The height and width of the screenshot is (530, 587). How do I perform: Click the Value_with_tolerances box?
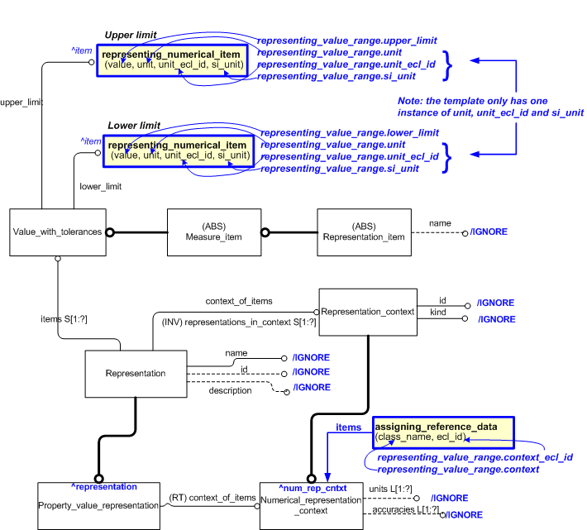tap(58, 232)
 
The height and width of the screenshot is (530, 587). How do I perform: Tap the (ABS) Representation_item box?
tap(364, 232)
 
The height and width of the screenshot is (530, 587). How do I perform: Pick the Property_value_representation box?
tap(98, 504)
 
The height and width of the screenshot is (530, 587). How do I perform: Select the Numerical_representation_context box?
tap(311, 504)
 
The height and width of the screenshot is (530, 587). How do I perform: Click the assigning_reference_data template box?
tap(443, 431)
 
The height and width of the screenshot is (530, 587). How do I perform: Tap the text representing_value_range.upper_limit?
tap(346, 40)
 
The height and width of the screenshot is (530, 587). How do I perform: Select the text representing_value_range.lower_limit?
tap(349, 132)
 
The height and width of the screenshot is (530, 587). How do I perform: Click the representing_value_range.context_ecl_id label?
tap(475, 456)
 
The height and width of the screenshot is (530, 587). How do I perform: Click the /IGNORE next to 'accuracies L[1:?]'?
tap(465, 514)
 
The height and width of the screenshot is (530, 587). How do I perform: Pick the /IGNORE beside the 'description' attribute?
tap(311, 387)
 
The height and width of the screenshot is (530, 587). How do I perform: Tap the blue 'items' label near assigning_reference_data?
tap(348, 427)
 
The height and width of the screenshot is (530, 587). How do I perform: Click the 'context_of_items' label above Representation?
tap(239, 300)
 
